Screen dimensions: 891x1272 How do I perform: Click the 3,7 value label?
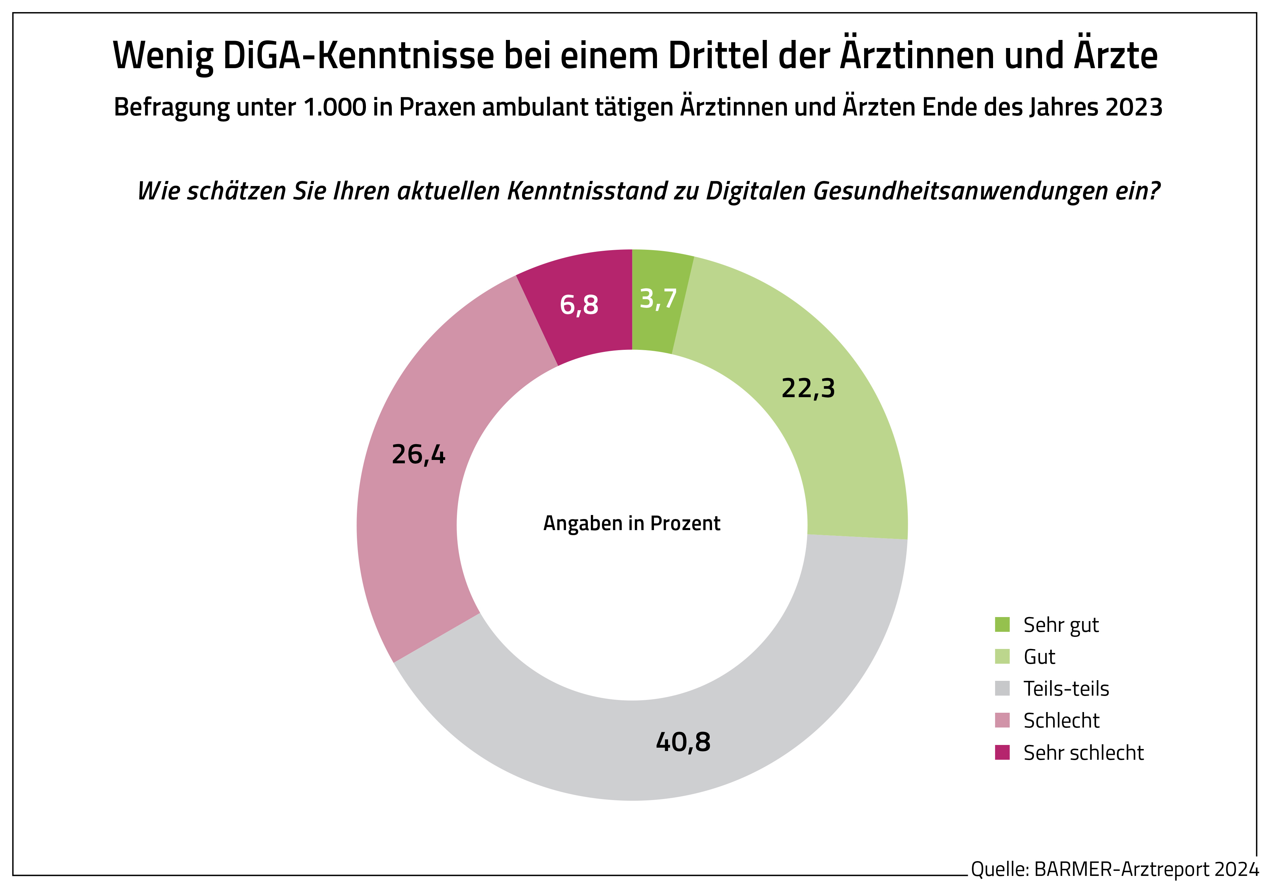pos(658,299)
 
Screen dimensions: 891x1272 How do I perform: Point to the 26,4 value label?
pos(418,455)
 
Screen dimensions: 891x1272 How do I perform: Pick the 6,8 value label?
pos(579,305)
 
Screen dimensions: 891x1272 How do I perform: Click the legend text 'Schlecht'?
pos(1061,721)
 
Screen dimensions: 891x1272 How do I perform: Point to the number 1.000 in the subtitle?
pos(335,107)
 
